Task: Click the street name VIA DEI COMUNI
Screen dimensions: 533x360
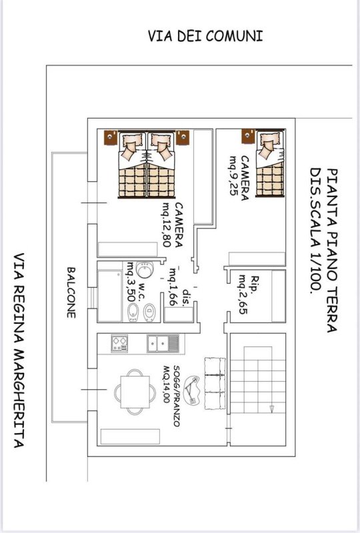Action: [205, 36]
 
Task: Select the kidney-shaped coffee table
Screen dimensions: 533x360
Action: [194, 388]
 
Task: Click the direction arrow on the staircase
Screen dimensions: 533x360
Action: [271, 408]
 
